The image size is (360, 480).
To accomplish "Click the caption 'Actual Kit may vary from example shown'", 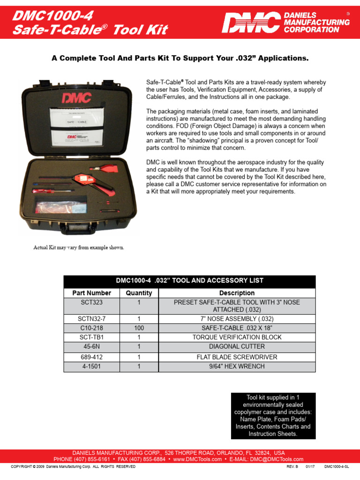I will point(79,247).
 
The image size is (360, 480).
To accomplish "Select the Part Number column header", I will point(92,293).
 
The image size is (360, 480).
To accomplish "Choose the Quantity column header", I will point(139,293).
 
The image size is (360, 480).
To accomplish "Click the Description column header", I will point(237,293).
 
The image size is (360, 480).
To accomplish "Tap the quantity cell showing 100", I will point(139,328).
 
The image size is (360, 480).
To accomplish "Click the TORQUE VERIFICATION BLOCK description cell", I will point(237,337).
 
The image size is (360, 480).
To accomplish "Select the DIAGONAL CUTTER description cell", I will point(237,346).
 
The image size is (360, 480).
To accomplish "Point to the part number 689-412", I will point(92,357).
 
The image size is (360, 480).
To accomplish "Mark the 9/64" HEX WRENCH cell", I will point(237,366).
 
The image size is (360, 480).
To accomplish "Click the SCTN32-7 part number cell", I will point(92,319).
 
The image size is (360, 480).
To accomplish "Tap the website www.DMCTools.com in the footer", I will point(197,459).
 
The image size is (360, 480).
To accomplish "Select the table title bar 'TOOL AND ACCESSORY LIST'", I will point(189,281).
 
